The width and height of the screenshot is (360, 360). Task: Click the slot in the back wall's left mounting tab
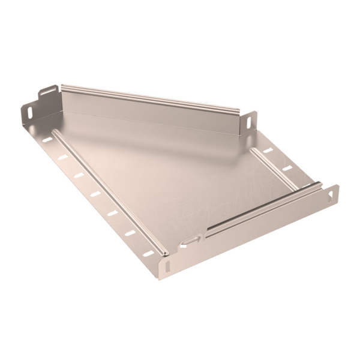[45, 95]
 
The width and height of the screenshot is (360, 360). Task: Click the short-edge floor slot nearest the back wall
[268, 150]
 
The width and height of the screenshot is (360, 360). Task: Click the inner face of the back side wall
[150, 114]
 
